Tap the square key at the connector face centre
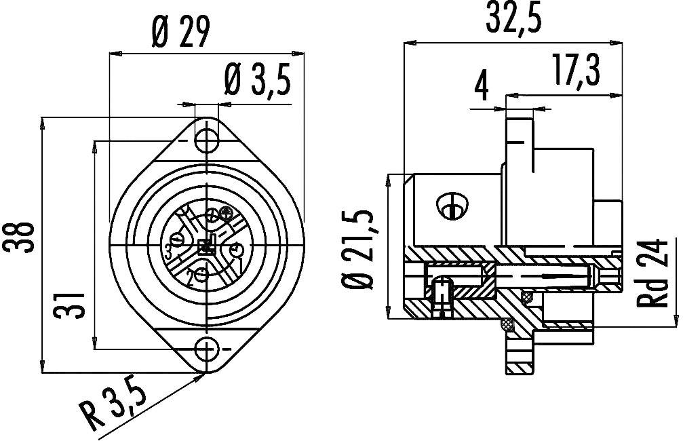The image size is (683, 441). (x=206, y=245)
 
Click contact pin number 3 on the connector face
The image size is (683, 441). (x=176, y=239)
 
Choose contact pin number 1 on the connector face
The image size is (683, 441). (x=237, y=248)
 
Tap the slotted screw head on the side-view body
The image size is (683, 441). (x=450, y=205)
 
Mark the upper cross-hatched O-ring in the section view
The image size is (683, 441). (x=526, y=297)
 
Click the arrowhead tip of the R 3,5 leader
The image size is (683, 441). (x=203, y=372)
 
